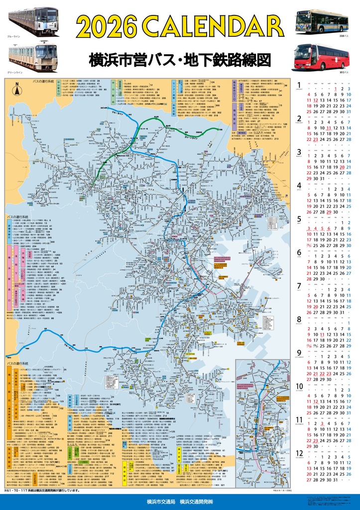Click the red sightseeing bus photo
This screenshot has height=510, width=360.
point(321,56)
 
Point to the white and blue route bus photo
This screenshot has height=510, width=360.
point(321,21)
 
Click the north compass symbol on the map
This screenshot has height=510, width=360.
point(16,90)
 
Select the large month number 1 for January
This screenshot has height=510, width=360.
point(299,85)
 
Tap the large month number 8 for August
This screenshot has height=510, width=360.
point(299,319)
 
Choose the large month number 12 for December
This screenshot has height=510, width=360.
point(300,453)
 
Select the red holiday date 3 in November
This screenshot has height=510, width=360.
point(322,423)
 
